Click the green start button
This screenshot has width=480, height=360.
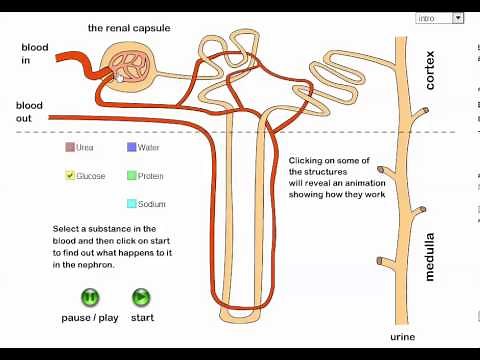pyautogui.click(x=141, y=297)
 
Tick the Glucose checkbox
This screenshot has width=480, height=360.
pyautogui.click(x=70, y=176)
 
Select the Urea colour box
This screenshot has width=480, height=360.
pyautogui.click(x=70, y=148)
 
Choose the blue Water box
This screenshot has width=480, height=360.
pyautogui.click(x=132, y=148)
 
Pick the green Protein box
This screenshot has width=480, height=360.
pyautogui.click(x=132, y=176)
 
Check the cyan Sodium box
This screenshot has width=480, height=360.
pyautogui.click(x=132, y=204)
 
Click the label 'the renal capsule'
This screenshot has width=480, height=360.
pyautogui.click(x=129, y=28)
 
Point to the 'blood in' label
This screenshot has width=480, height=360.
pyautogui.click(x=34, y=54)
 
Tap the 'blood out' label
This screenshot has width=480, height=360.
pyautogui.click(x=30, y=112)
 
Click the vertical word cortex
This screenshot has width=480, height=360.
pyautogui.click(x=431, y=71)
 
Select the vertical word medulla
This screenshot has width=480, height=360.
pyautogui.click(x=431, y=254)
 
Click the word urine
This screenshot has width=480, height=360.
pyautogui.click(x=403, y=337)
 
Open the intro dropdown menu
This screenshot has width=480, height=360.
pyautogui.click(x=434, y=18)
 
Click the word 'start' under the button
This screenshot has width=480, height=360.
pyautogui.click(x=142, y=318)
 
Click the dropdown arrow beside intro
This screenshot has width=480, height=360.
pyautogui.click(x=458, y=18)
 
